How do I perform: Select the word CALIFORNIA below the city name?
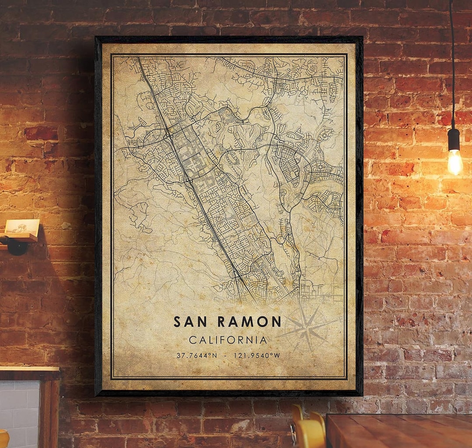pyautogui.click(x=228, y=340)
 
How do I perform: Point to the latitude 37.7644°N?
pyautogui.click(x=196, y=355)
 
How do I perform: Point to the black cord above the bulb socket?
pyautogui.click(x=451, y=66)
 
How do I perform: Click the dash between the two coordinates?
pyautogui.click(x=226, y=355)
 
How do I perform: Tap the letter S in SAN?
pyautogui.click(x=177, y=322)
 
